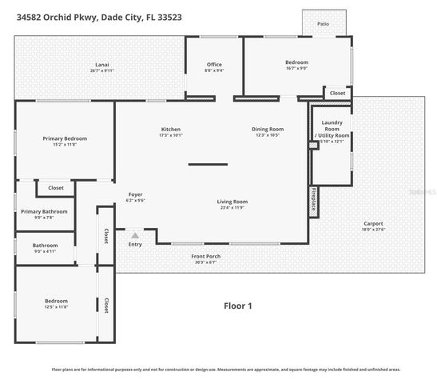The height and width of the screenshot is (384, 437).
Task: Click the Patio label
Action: pyautogui.click(x=324, y=24)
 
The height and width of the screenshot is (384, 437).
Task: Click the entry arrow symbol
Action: pyautogui.click(x=135, y=236)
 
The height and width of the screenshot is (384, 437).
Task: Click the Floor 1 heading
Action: pyautogui.click(x=237, y=306)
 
